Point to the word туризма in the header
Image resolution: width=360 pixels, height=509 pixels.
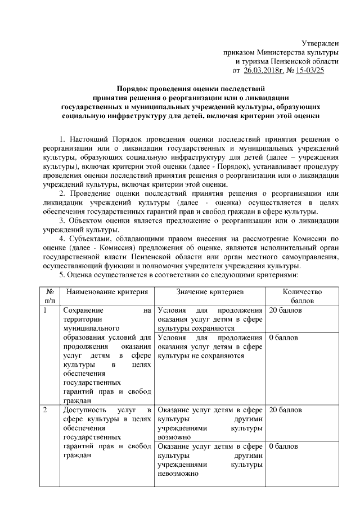[x=256, y=61]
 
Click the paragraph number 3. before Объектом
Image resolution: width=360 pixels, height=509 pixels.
[x=63, y=220]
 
